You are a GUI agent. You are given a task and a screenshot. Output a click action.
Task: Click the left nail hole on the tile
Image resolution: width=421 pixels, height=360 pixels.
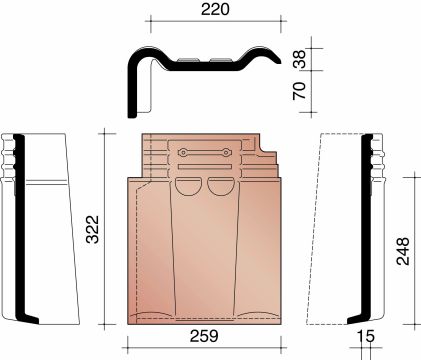coord(183,152)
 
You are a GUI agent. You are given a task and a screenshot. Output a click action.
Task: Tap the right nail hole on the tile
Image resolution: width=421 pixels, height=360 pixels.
coord(227,152)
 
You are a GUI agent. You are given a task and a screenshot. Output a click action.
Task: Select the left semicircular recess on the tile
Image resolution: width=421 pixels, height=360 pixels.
coord(188,185)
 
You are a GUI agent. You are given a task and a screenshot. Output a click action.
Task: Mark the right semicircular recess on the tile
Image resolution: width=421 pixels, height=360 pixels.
coord(219,185)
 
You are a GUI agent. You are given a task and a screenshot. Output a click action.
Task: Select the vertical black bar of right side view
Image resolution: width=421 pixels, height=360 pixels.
coord(366,230)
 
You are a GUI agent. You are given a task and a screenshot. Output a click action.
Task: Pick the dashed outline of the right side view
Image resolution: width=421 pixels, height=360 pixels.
coord(330,230)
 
